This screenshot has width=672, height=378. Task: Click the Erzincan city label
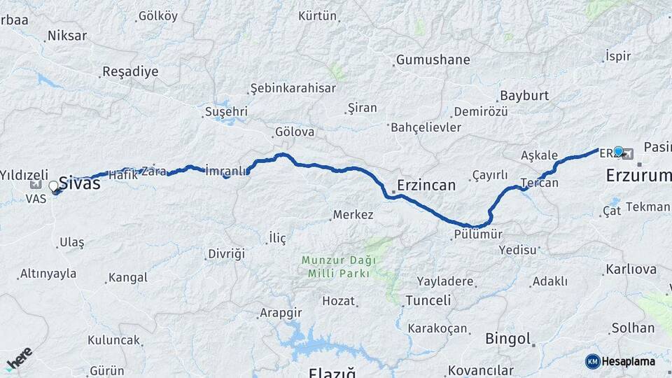426,185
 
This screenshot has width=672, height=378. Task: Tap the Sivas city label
79,183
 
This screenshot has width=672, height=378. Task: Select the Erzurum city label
638,175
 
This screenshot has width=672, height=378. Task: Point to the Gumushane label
433,60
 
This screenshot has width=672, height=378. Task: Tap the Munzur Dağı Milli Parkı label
338,267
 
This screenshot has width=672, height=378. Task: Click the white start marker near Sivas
54,186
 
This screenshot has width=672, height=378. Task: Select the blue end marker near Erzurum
618,150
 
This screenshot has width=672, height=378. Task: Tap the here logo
19,358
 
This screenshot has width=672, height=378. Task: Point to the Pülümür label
478,236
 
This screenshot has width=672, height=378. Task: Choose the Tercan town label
540,183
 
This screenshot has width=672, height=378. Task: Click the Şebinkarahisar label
294,89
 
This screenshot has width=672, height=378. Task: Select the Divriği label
226,253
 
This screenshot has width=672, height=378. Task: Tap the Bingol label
508,339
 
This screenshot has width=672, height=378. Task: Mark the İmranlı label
226,171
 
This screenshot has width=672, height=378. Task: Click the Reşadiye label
130,71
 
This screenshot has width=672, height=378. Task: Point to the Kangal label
129,278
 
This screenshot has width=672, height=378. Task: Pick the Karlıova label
631,269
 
